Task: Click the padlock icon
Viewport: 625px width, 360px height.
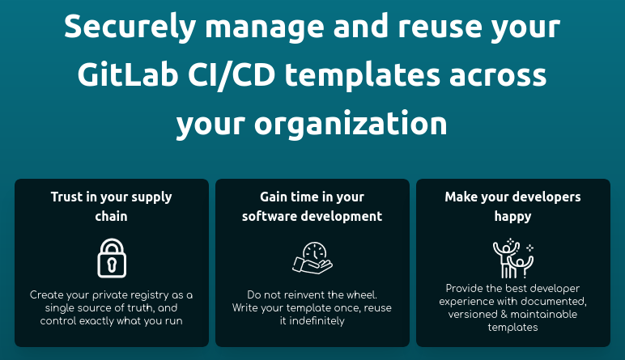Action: [112, 257]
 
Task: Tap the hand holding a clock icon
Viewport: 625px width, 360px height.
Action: [312, 257]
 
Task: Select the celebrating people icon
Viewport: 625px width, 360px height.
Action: [512, 258]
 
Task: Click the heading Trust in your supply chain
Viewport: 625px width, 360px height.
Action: [112, 206]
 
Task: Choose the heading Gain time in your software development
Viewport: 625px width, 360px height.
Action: [312, 206]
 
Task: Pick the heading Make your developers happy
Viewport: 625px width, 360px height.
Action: [512, 206]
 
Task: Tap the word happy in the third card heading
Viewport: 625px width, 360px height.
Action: [512, 216]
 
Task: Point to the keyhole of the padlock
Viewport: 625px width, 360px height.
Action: [112, 264]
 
